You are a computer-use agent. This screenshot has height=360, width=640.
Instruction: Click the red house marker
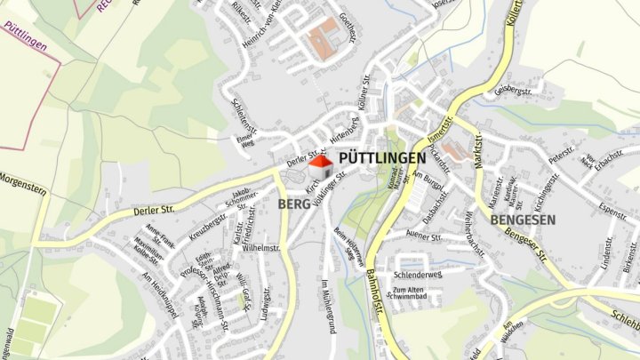(x=321, y=166)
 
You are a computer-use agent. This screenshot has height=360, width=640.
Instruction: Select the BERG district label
(x=294, y=204)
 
